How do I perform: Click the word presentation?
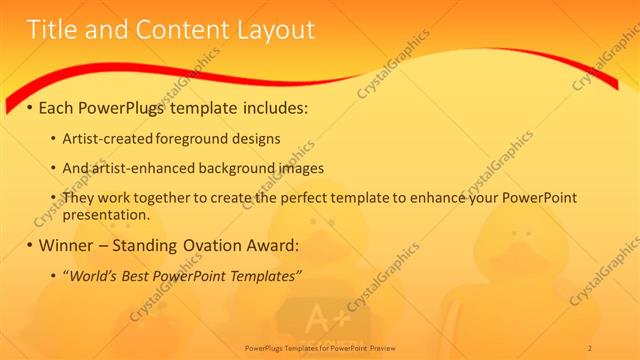pos(106,214)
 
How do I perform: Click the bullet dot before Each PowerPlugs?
pos(29,107)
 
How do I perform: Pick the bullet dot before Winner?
pos(29,245)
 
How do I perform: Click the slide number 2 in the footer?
pos(589,347)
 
